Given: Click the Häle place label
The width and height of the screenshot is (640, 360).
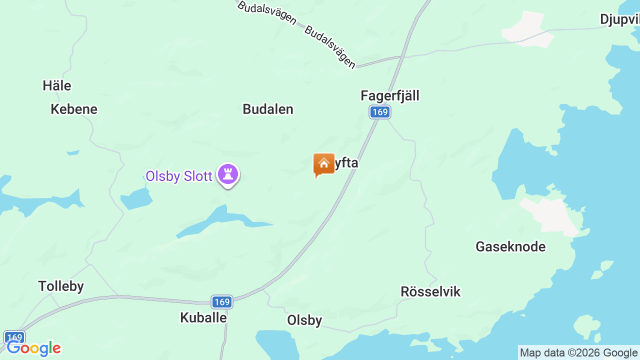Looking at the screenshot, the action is (x=57, y=85).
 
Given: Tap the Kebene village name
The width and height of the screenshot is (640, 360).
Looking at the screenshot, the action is (x=74, y=109).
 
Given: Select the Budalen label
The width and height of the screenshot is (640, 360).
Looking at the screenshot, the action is (x=268, y=109).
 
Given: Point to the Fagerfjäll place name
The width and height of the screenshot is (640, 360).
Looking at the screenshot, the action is (x=390, y=95).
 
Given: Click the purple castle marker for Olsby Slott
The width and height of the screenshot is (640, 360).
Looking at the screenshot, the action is (x=228, y=174).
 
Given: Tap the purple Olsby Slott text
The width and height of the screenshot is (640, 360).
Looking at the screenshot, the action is (x=179, y=176).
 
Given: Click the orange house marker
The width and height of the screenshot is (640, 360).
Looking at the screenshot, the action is (x=324, y=164).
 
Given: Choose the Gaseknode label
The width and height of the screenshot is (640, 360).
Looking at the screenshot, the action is (x=510, y=246).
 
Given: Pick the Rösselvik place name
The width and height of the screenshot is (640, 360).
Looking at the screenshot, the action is (x=430, y=291).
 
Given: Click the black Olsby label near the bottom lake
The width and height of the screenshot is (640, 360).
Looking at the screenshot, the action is (x=304, y=320).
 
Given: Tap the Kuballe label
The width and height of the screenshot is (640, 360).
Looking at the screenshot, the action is (x=203, y=317).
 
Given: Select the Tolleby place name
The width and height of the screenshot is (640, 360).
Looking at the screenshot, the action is (x=61, y=286).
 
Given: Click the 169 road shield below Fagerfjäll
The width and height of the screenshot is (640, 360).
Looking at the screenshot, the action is (x=380, y=112).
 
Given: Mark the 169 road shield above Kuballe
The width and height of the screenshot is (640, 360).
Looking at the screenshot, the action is (x=221, y=301).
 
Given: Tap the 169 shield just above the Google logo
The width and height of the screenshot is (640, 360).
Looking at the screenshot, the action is (x=14, y=337).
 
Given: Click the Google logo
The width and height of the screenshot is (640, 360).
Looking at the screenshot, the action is (x=33, y=348).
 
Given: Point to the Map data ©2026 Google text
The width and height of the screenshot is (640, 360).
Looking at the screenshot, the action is (x=578, y=353).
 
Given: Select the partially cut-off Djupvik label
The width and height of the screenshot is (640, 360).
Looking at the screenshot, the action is (x=620, y=19).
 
